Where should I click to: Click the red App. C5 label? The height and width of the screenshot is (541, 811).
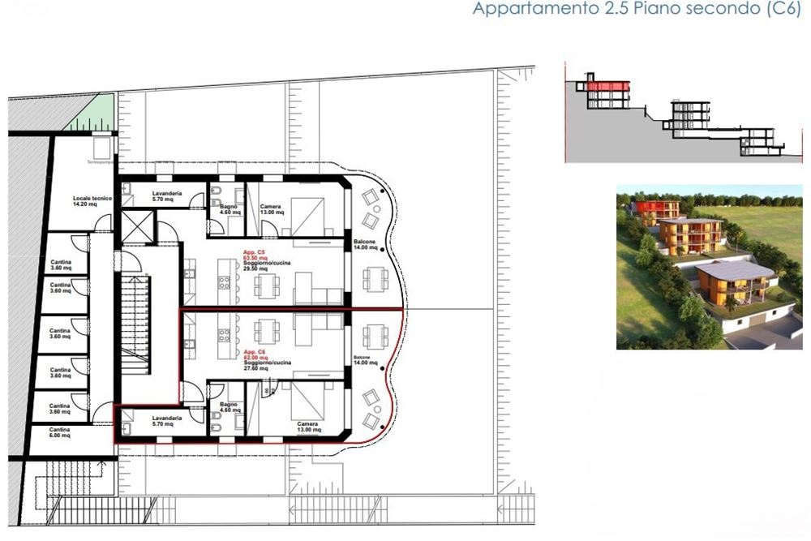pos(251,254)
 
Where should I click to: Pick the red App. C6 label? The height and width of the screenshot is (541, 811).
pos(251,353)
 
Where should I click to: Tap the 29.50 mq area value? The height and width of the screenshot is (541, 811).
pos(255,269)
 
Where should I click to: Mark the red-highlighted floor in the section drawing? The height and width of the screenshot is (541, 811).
pos(607,85)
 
